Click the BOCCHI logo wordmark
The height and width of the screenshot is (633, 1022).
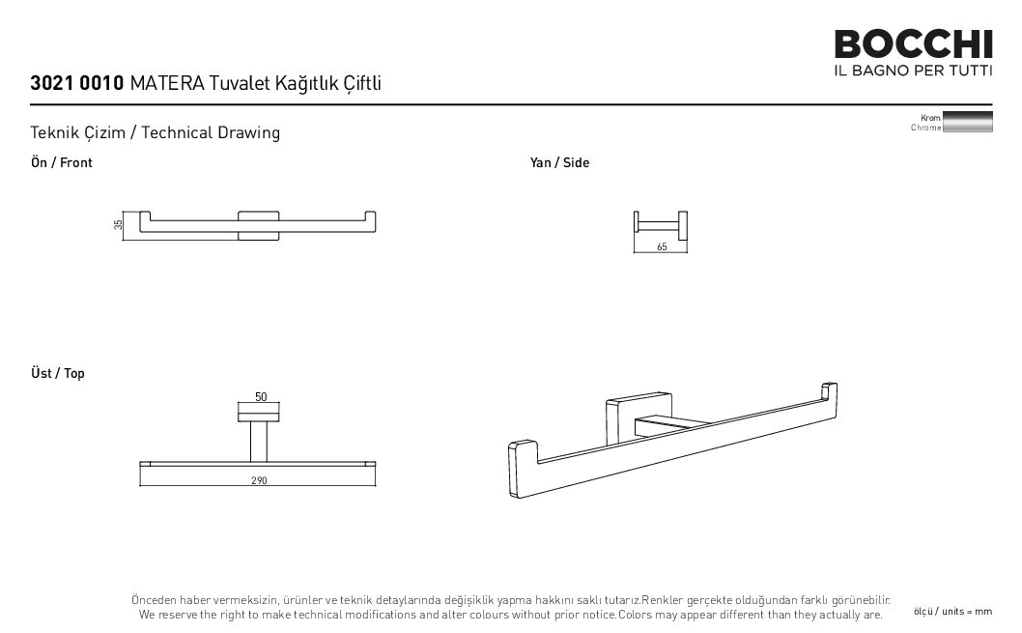tap(913, 44)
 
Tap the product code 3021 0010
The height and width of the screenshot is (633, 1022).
tap(77, 83)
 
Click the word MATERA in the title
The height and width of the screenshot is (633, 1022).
tap(167, 83)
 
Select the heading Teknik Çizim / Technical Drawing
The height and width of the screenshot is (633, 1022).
tap(156, 132)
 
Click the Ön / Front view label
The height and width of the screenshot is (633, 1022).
tap(61, 162)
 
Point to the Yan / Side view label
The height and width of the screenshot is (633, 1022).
tap(559, 162)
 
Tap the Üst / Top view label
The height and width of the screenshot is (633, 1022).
tap(57, 373)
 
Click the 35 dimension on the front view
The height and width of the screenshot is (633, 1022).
tap(118, 225)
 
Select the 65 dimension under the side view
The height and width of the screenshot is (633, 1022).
tap(662, 247)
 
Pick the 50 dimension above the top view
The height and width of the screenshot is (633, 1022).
tap(261, 396)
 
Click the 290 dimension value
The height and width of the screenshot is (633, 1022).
tap(259, 480)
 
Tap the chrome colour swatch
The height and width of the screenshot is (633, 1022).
tap(967, 122)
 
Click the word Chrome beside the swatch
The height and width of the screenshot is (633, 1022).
tap(925, 128)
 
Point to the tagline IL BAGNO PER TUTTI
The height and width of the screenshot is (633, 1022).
tap(913, 70)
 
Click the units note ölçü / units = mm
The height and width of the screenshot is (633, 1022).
tap(952, 612)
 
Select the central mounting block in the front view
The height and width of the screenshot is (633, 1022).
tap(258, 225)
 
